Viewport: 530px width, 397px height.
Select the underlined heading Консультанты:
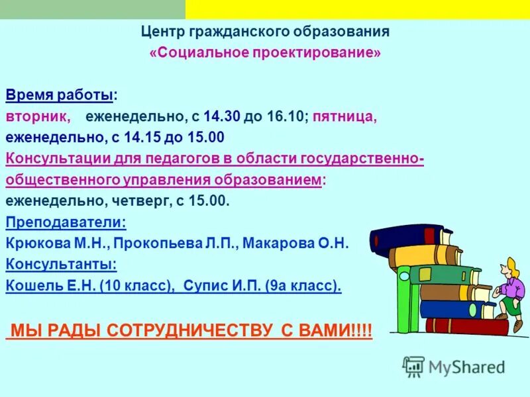pos(62,265)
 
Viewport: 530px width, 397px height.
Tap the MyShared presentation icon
pos(414,366)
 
